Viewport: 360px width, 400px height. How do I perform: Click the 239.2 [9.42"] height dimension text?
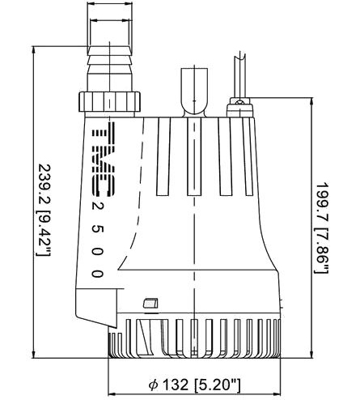coord(44,210)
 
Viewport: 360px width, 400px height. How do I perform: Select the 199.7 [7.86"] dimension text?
coord(322,228)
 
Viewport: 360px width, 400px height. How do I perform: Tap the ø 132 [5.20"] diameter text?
coord(194,385)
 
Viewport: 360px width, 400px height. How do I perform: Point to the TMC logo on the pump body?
coord(104,160)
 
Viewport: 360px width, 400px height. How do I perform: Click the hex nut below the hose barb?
coord(109,101)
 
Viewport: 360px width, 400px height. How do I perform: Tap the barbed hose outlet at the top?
coord(110,69)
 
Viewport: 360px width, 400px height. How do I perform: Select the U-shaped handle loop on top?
coord(194,92)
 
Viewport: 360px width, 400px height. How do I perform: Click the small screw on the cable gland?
coord(239,102)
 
